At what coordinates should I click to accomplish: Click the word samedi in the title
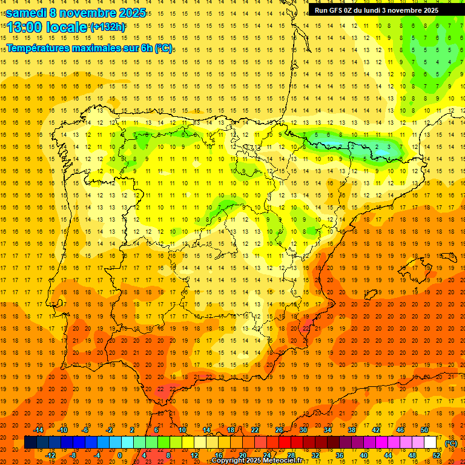tap(27, 12)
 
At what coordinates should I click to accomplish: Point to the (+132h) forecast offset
tap(107, 27)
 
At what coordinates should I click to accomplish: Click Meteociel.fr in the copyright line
tap(285, 461)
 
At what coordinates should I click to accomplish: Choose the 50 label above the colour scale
tap(424, 430)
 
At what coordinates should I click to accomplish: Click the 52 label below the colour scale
tap(437, 455)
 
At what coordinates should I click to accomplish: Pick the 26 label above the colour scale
tap(279, 430)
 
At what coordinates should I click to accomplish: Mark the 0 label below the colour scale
tap(120, 455)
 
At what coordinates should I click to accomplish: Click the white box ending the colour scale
tap(430, 443)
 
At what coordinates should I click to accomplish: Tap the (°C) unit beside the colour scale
tap(451, 443)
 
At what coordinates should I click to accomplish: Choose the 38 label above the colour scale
tap(351, 430)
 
